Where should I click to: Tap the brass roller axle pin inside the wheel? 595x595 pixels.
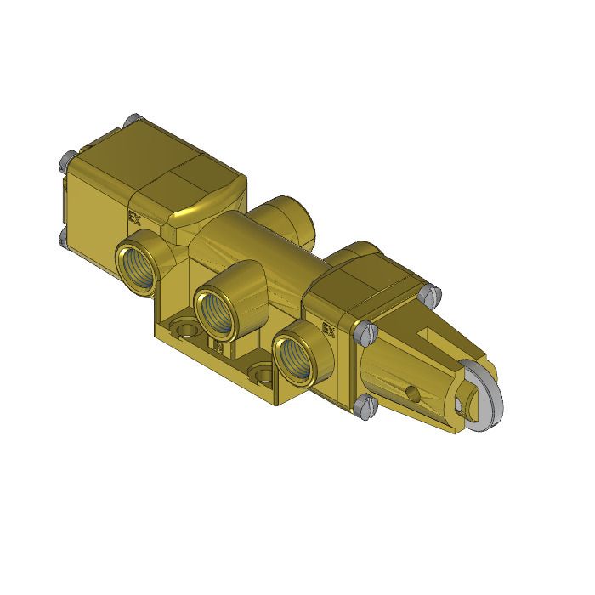467,398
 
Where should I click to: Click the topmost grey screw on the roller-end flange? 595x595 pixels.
433,294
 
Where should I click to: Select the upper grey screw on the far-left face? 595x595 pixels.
65,159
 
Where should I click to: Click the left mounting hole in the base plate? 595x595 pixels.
181,326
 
